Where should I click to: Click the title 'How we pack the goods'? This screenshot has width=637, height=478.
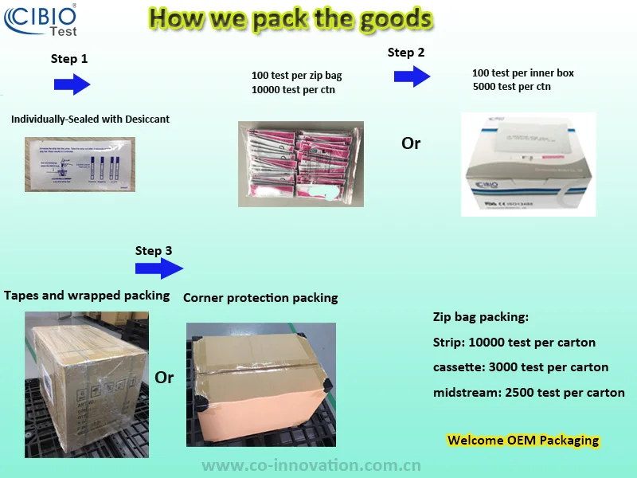click(291, 18)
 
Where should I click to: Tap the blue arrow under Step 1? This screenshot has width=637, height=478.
click(72, 84)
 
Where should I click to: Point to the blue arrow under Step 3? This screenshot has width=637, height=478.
click(159, 269)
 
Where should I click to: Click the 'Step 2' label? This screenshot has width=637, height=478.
click(405, 53)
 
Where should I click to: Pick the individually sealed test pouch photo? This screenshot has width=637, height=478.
click(80, 165)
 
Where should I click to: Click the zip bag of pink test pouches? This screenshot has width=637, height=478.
click(301, 163)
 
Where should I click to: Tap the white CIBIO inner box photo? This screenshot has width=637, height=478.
click(528, 163)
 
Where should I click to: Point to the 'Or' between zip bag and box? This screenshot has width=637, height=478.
click(411, 143)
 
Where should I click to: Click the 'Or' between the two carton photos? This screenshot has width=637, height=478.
click(164, 377)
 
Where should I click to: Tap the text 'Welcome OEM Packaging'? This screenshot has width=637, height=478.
click(523, 440)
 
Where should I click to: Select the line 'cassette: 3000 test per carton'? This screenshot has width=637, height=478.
click(521, 367)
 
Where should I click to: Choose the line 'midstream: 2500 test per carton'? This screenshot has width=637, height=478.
click(529, 392)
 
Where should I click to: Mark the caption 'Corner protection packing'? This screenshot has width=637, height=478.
click(260, 298)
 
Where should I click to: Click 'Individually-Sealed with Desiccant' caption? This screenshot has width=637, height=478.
click(90, 119)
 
